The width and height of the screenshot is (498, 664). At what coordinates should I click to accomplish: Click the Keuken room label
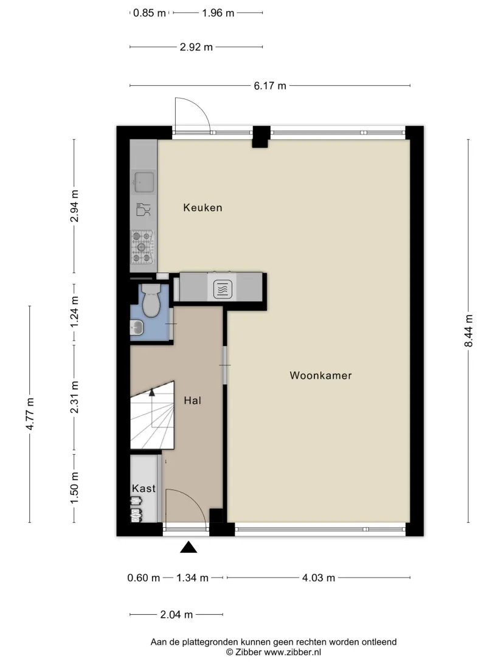(202, 207)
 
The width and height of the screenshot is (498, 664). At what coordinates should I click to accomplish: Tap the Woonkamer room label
(320, 375)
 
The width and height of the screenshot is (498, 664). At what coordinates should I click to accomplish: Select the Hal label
(192, 400)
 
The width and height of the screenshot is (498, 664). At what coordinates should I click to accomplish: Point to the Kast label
(144, 488)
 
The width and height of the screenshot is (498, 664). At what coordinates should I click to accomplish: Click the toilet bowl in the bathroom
(151, 300)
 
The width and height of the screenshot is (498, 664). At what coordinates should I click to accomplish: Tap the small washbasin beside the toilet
(137, 327)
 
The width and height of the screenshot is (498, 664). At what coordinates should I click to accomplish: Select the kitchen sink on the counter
(144, 182)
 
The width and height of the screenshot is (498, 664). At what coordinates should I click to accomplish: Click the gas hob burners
(142, 247)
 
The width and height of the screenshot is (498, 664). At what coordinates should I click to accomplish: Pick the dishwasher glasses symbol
(143, 210)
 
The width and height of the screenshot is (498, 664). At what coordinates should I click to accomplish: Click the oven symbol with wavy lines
(223, 289)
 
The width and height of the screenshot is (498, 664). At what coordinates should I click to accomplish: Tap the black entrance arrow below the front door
(188, 547)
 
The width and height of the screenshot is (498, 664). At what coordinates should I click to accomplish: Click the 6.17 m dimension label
(270, 86)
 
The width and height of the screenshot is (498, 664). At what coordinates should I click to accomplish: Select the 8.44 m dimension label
(468, 331)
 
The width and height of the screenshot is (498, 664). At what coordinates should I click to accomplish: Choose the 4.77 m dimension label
(30, 413)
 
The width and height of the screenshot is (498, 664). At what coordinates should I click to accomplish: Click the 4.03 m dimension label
(319, 578)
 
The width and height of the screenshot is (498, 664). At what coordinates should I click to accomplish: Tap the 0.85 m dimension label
(150, 13)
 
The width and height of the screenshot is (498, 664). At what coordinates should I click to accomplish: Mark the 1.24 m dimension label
(75, 312)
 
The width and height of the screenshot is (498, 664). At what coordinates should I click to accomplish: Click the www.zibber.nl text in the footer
(292, 652)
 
